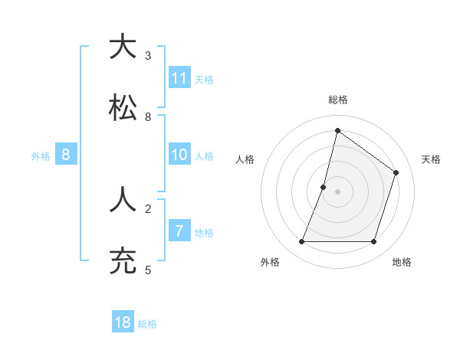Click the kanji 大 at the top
click(x=123, y=47)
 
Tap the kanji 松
click(x=123, y=109)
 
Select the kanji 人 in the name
click(x=123, y=201)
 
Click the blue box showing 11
click(x=179, y=78)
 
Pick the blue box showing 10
click(x=179, y=155)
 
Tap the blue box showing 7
click(x=179, y=231)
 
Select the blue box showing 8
click(x=66, y=155)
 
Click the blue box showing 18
click(x=123, y=322)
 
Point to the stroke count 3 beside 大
click(x=148, y=55)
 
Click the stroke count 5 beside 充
click(x=148, y=270)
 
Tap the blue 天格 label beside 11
click(x=204, y=79)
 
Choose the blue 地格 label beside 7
click(x=204, y=233)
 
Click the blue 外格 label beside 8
click(x=41, y=156)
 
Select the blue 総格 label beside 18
click(x=147, y=324)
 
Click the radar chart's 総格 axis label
click(x=338, y=100)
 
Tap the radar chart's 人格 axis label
click(x=245, y=159)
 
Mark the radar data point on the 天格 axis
click(x=396, y=172)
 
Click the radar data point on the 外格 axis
click(x=301, y=242)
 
